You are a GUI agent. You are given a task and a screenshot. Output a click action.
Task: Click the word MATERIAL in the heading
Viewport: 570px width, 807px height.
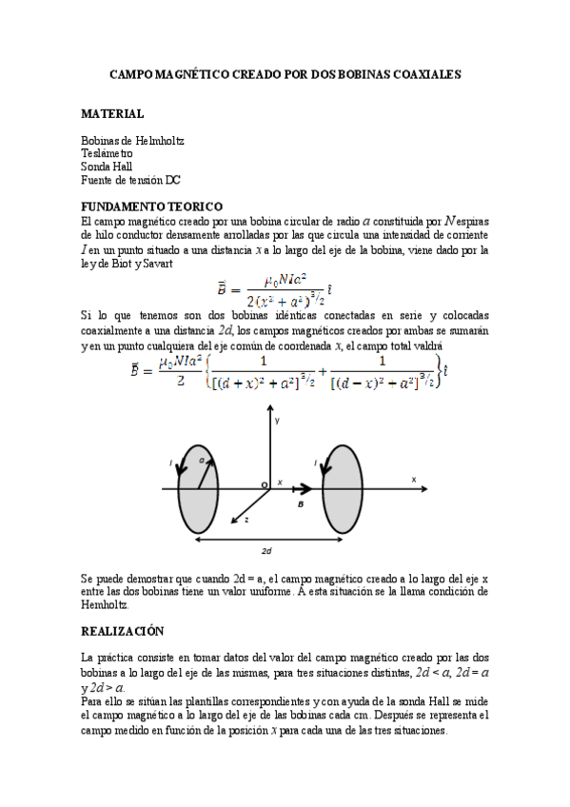click(x=112, y=113)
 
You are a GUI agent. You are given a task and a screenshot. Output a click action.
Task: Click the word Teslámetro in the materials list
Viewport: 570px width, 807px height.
click(x=108, y=153)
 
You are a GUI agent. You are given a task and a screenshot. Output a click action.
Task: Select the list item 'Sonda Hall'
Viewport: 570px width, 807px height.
click(x=107, y=167)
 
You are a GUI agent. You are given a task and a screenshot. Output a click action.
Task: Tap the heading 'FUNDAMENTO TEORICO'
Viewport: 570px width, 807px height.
click(x=152, y=207)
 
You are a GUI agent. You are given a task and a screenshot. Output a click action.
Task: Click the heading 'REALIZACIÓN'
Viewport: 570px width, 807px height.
click(x=123, y=631)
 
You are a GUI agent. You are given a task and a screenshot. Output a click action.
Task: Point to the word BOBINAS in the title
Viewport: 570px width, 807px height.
click(x=350, y=72)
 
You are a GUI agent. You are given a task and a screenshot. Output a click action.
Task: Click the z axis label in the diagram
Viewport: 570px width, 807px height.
click(x=246, y=522)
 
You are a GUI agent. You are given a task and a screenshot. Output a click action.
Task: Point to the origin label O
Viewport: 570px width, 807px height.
click(x=265, y=485)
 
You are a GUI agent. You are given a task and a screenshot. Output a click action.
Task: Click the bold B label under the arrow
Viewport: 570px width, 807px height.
click(x=301, y=504)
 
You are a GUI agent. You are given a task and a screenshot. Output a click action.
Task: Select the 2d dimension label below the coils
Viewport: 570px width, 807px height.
click(x=267, y=551)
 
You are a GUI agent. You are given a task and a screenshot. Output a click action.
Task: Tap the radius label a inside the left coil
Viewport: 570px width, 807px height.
click(x=202, y=461)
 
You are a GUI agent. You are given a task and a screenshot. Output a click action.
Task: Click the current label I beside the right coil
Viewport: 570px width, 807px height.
click(x=315, y=463)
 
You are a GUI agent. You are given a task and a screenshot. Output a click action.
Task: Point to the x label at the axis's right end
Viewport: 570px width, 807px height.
click(x=414, y=479)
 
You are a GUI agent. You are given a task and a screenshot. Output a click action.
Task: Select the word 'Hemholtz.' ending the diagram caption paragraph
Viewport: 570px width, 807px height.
click(x=105, y=603)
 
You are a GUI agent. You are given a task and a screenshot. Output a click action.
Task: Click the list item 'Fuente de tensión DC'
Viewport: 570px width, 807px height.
click(x=131, y=180)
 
